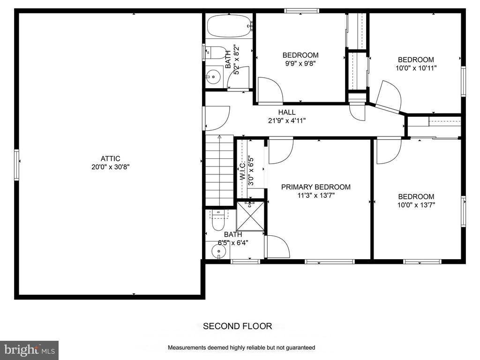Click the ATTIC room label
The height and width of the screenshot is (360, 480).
click(110, 158)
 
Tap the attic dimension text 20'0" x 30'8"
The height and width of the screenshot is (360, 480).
click(111, 167)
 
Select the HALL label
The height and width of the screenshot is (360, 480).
click(287, 112)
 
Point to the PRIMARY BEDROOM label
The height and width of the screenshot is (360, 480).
click(315, 187)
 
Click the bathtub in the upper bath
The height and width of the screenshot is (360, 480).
click(230, 27)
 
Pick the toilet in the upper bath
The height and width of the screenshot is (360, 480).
click(215, 52)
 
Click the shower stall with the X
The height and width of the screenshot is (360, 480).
click(250, 216)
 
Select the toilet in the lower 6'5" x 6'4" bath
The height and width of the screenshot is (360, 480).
click(218, 220)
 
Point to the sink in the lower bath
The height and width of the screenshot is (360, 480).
click(218, 252)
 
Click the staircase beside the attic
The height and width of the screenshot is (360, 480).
click(219, 171)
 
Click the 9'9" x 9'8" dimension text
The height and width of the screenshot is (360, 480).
click(300, 64)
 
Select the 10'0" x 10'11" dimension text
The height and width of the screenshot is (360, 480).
click(416, 68)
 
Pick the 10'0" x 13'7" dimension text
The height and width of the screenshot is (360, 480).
click(416, 205)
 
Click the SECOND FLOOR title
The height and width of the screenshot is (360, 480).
click(238, 326)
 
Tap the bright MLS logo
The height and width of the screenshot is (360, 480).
click(30, 350)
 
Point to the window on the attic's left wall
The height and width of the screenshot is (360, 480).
click(16, 165)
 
